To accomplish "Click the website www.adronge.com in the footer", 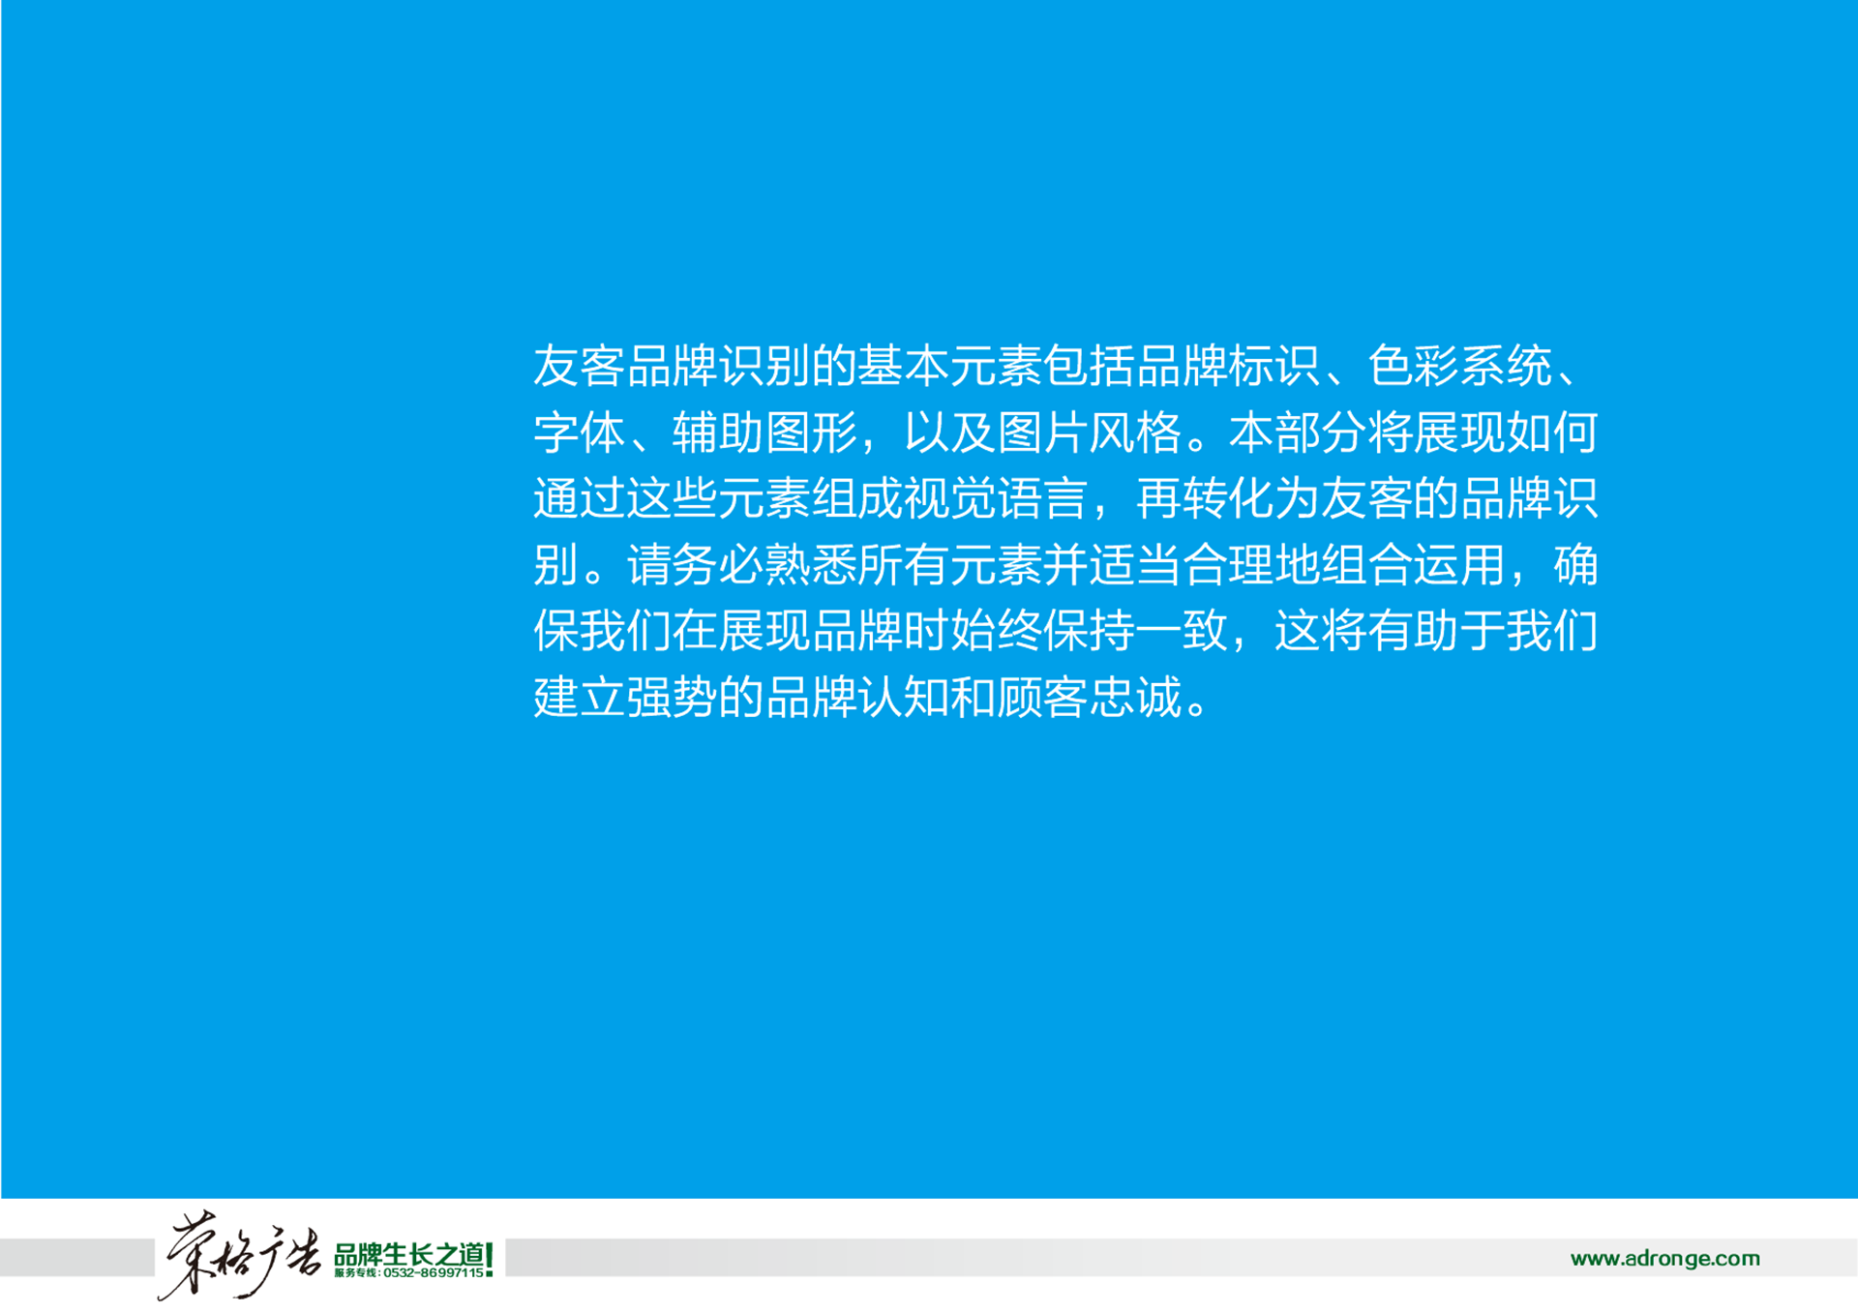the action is coord(1664,1258).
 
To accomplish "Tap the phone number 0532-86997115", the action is coord(434,1273).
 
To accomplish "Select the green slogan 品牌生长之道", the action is coord(409,1255).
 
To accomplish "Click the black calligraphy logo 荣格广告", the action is coord(240,1254).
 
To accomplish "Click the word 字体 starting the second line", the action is coord(580,433).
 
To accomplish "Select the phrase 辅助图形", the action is coord(764,433).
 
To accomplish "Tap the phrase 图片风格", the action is coord(1089,433).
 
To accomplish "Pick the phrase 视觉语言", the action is coord(996,499).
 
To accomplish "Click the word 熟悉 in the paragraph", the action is coord(811,565).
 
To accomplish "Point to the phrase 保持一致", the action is coord(1135,631).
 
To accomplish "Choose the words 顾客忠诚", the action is coord(1089,697).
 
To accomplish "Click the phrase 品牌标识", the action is coord(1228,367).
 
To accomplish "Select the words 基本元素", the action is coord(949,367).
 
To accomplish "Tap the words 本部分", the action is coord(1298,433).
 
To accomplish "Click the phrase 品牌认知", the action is coord(857,697).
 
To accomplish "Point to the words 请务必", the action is coord(696,565).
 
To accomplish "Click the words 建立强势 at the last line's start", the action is coord(626,697).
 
